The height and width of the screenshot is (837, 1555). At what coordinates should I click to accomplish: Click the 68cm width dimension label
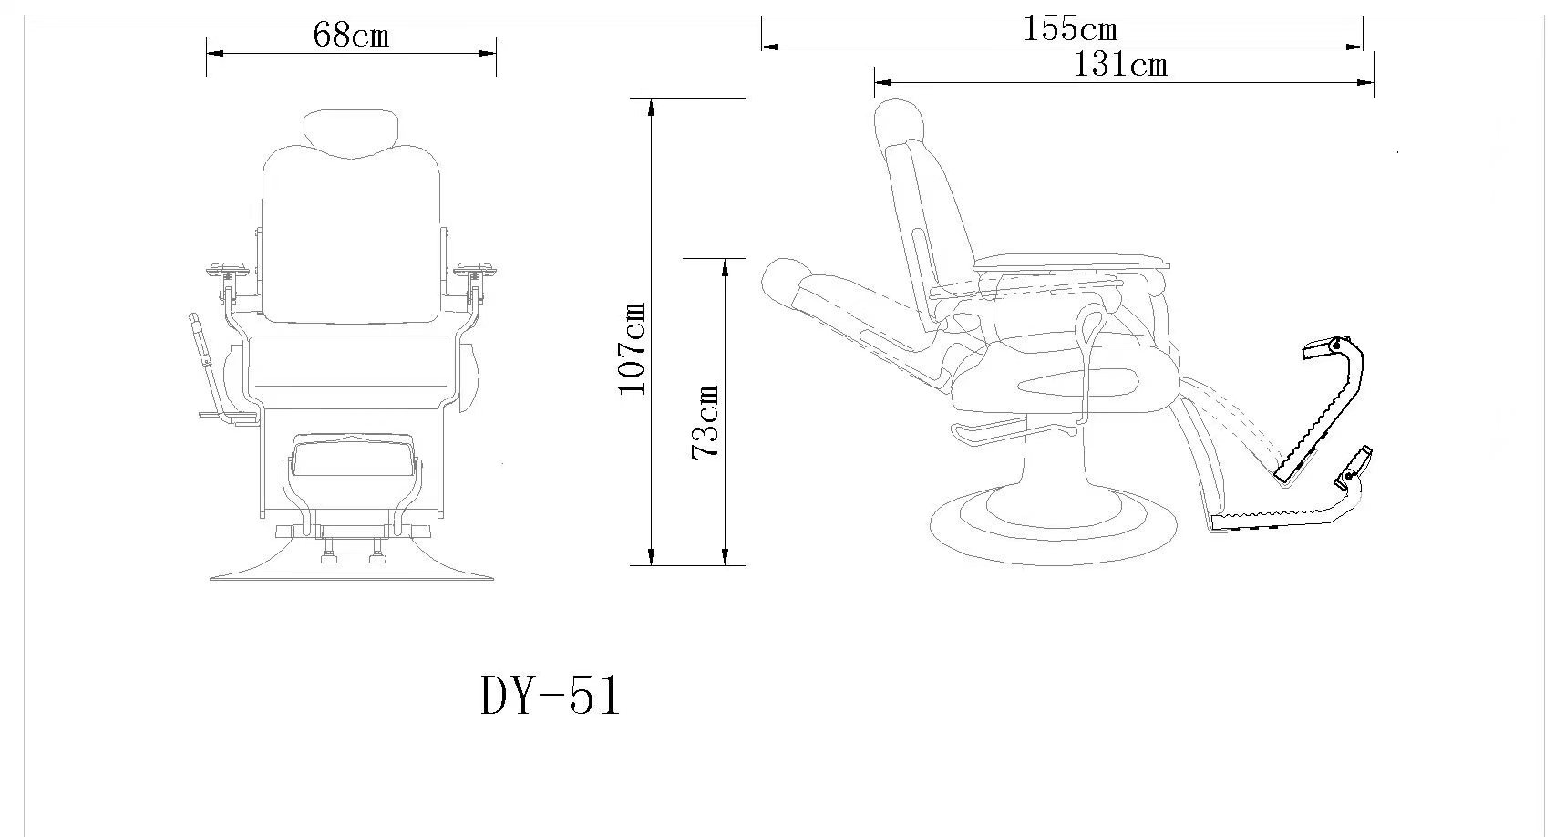click(x=351, y=35)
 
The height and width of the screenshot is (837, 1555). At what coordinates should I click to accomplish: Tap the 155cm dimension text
click(x=1070, y=29)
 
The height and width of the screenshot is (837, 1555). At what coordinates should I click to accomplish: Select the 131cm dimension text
click(x=1120, y=65)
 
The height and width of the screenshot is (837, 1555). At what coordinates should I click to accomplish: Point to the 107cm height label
click(x=633, y=348)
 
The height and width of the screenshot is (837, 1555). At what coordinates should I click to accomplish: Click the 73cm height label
click(x=705, y=422)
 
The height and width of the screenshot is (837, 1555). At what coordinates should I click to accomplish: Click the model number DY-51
click(x=549, y=696)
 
